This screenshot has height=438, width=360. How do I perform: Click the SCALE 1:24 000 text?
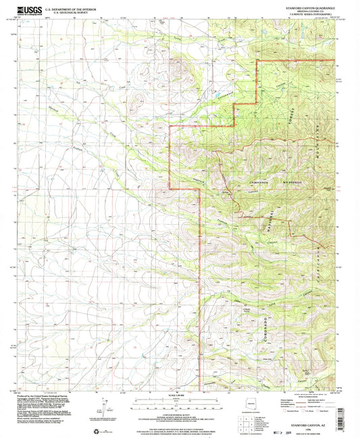pyautogui.click(x=180, y=395)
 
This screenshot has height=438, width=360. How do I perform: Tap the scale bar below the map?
pyautogui.click(x=180, y=404)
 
